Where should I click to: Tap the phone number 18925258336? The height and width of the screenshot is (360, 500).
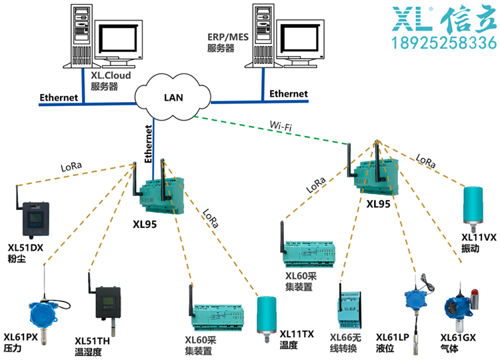pyautogui.click(x=443, y=45)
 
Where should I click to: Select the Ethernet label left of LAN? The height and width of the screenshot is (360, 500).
pyautogui.click(x=59, y=98)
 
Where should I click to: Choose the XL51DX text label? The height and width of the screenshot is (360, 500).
pyautogui.click(x=25, y=247)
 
